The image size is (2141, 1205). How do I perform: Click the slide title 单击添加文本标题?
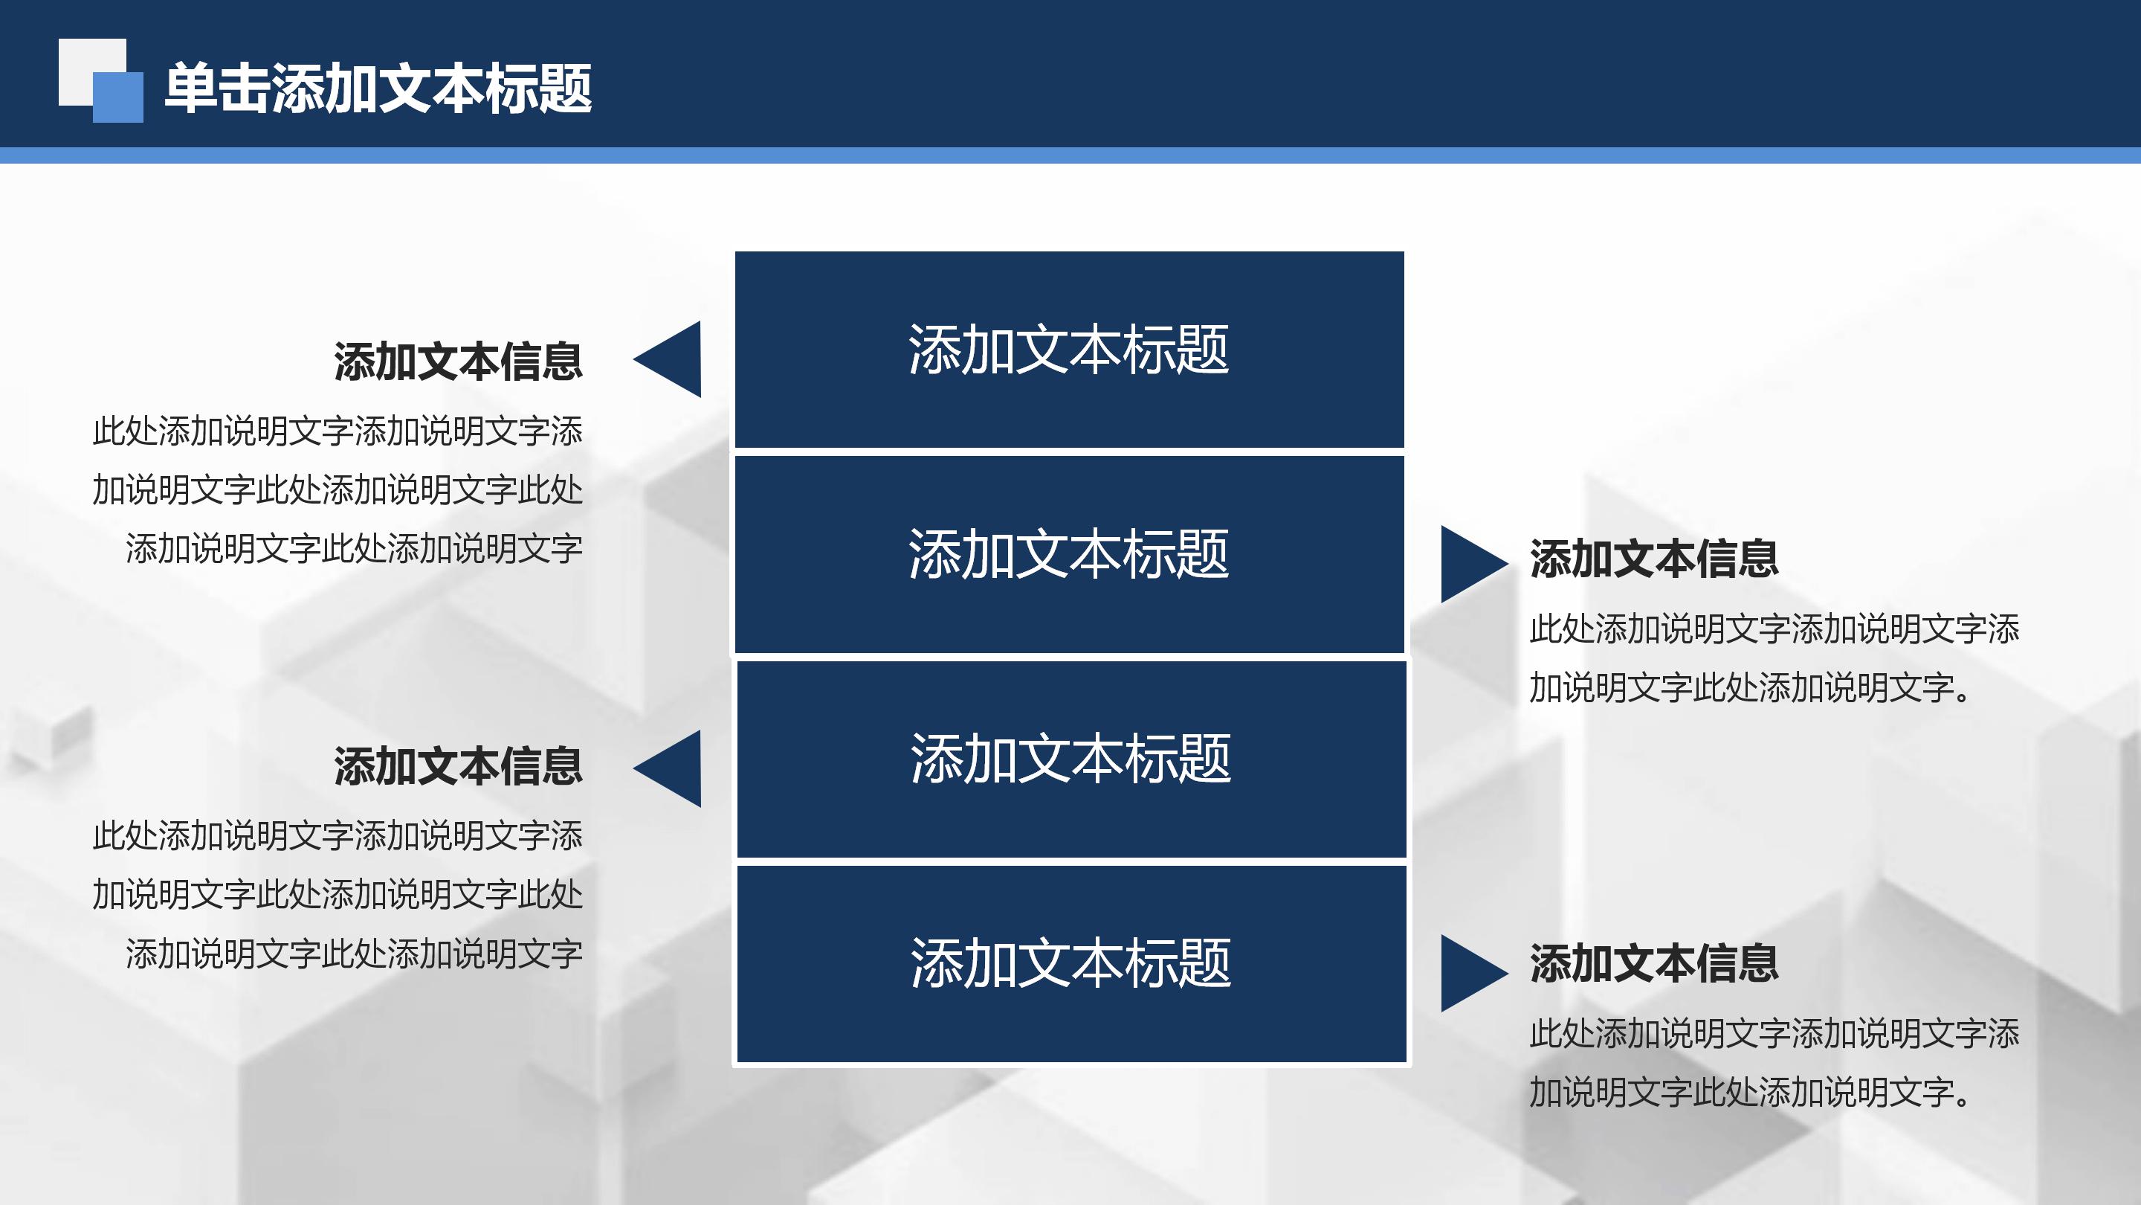click(378, 89)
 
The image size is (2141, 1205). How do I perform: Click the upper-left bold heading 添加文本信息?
click(458, 361)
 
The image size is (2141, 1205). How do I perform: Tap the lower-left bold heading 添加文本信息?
click(458, 766)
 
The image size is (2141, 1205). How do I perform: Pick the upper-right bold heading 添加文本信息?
click(1654, 559)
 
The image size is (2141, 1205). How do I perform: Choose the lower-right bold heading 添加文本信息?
click(1654, 964)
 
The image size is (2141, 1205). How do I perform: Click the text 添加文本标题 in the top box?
click(1069, 350)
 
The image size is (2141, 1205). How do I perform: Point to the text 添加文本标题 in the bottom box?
click(1070, 963)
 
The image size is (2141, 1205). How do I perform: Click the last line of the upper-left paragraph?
click(354, 549)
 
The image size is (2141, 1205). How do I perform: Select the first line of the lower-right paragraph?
click(1775, 1034)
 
